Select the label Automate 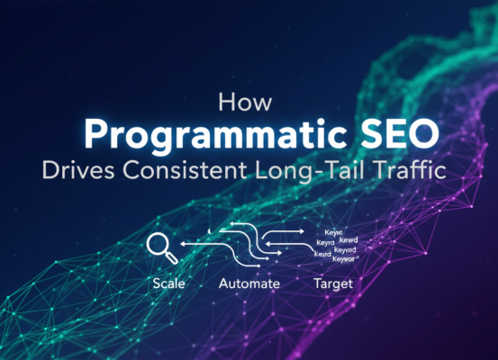tap(249, 283)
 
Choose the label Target tap(332, 283)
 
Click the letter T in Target tap(316, 283)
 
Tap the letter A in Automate tap(223, 283)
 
